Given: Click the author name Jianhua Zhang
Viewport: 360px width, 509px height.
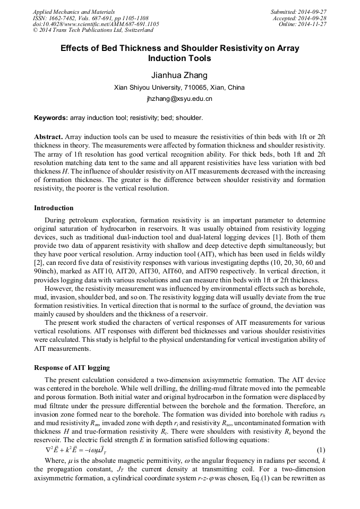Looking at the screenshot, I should pyautogui.click(x=179, y=75).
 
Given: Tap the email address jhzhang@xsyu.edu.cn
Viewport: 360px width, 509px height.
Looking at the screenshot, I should pyautogui.click(x=179, y=99).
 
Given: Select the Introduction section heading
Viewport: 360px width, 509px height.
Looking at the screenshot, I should pyautogui.click(x=54, y=208).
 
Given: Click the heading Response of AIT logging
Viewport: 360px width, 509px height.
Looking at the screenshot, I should pyautogui.click(x=72, y=367).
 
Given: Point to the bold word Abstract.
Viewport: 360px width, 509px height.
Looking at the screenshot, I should pyautogui.click(x=48, y=136).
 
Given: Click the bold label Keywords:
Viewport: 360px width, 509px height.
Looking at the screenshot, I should pyautogui.click(x=51, y=118).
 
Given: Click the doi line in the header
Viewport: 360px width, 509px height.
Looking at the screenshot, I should pyautogui.click(x=96, y=24).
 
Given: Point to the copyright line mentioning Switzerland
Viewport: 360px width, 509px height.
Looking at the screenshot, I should pyautogui.click(x=89, y=31).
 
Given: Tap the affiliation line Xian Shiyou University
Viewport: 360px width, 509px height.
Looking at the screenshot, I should pyautogui.click(x=179, y=88).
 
